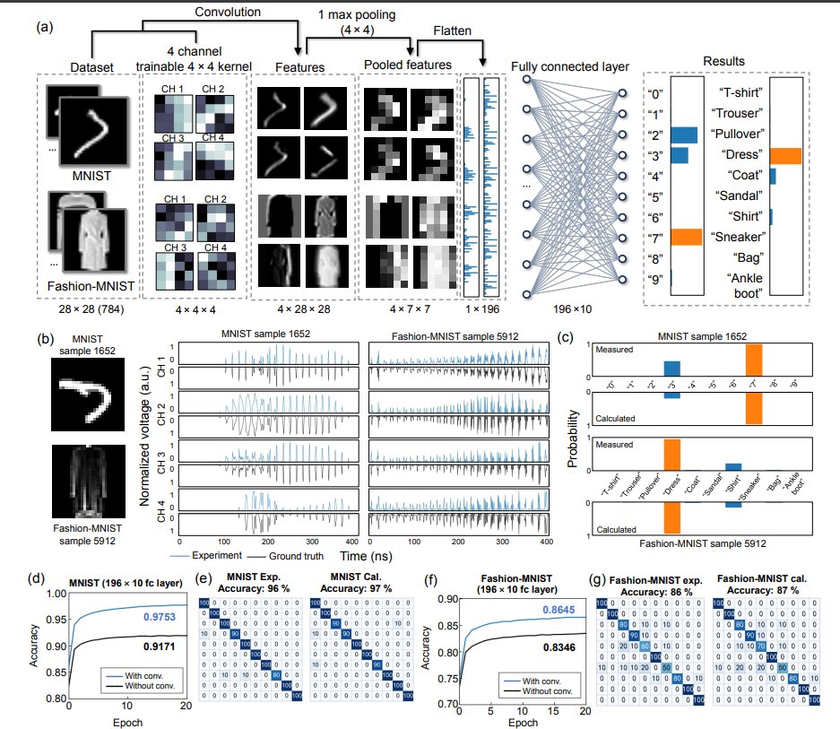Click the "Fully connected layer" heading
tap(569, 67)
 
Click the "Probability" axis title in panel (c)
tap(572, 438)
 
